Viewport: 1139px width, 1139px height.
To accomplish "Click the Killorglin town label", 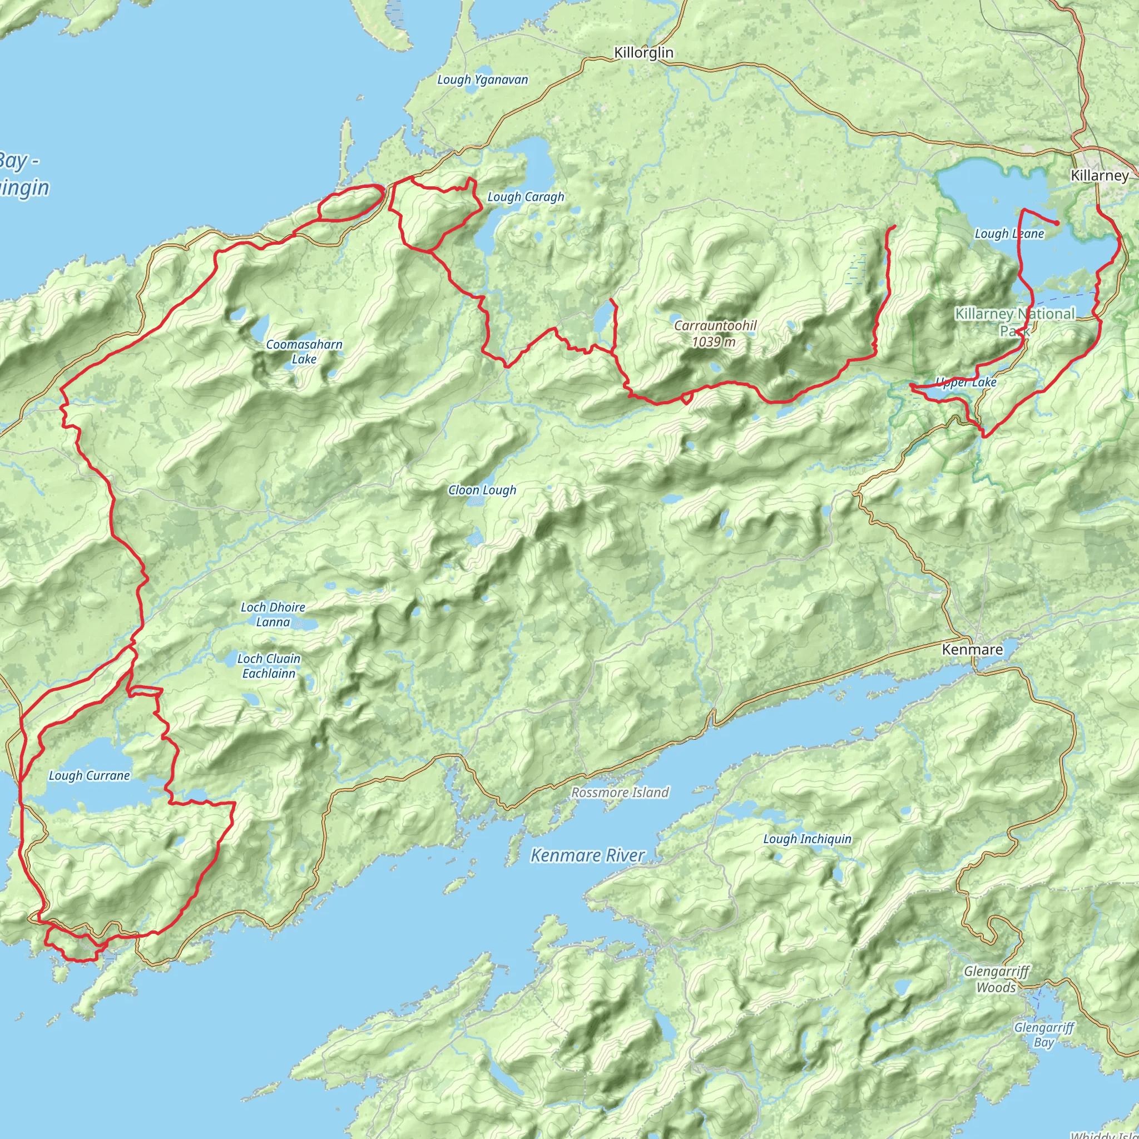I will pos(643,53).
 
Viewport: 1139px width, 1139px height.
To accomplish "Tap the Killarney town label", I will pos(1099,176).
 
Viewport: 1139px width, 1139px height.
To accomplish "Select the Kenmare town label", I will pos(972,650).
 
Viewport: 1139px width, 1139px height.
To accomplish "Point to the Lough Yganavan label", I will pos(482,80).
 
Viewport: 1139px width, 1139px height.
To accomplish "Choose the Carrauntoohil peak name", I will pos(715,325).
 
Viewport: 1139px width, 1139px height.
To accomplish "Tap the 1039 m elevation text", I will pos(714,342).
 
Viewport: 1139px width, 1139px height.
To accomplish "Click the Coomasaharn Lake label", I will pos(304,351).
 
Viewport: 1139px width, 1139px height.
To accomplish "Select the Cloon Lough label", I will pos(482,490).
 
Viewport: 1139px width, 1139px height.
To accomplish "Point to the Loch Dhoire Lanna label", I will pos(273,615).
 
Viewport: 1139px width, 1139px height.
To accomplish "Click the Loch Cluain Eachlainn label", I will pos(269,666).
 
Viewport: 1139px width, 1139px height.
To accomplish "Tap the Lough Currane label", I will pos(89,776).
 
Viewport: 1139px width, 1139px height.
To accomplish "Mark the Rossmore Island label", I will pos(620,793).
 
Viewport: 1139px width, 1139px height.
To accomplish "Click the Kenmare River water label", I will pos(587,855).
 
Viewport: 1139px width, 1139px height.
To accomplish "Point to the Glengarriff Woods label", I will pos(996,979).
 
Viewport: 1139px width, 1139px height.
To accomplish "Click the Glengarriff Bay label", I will pos(1043,1034).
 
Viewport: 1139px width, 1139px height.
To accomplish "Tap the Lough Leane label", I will pos(1009,234).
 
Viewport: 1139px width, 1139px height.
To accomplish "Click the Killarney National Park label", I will pos(1014,321).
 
